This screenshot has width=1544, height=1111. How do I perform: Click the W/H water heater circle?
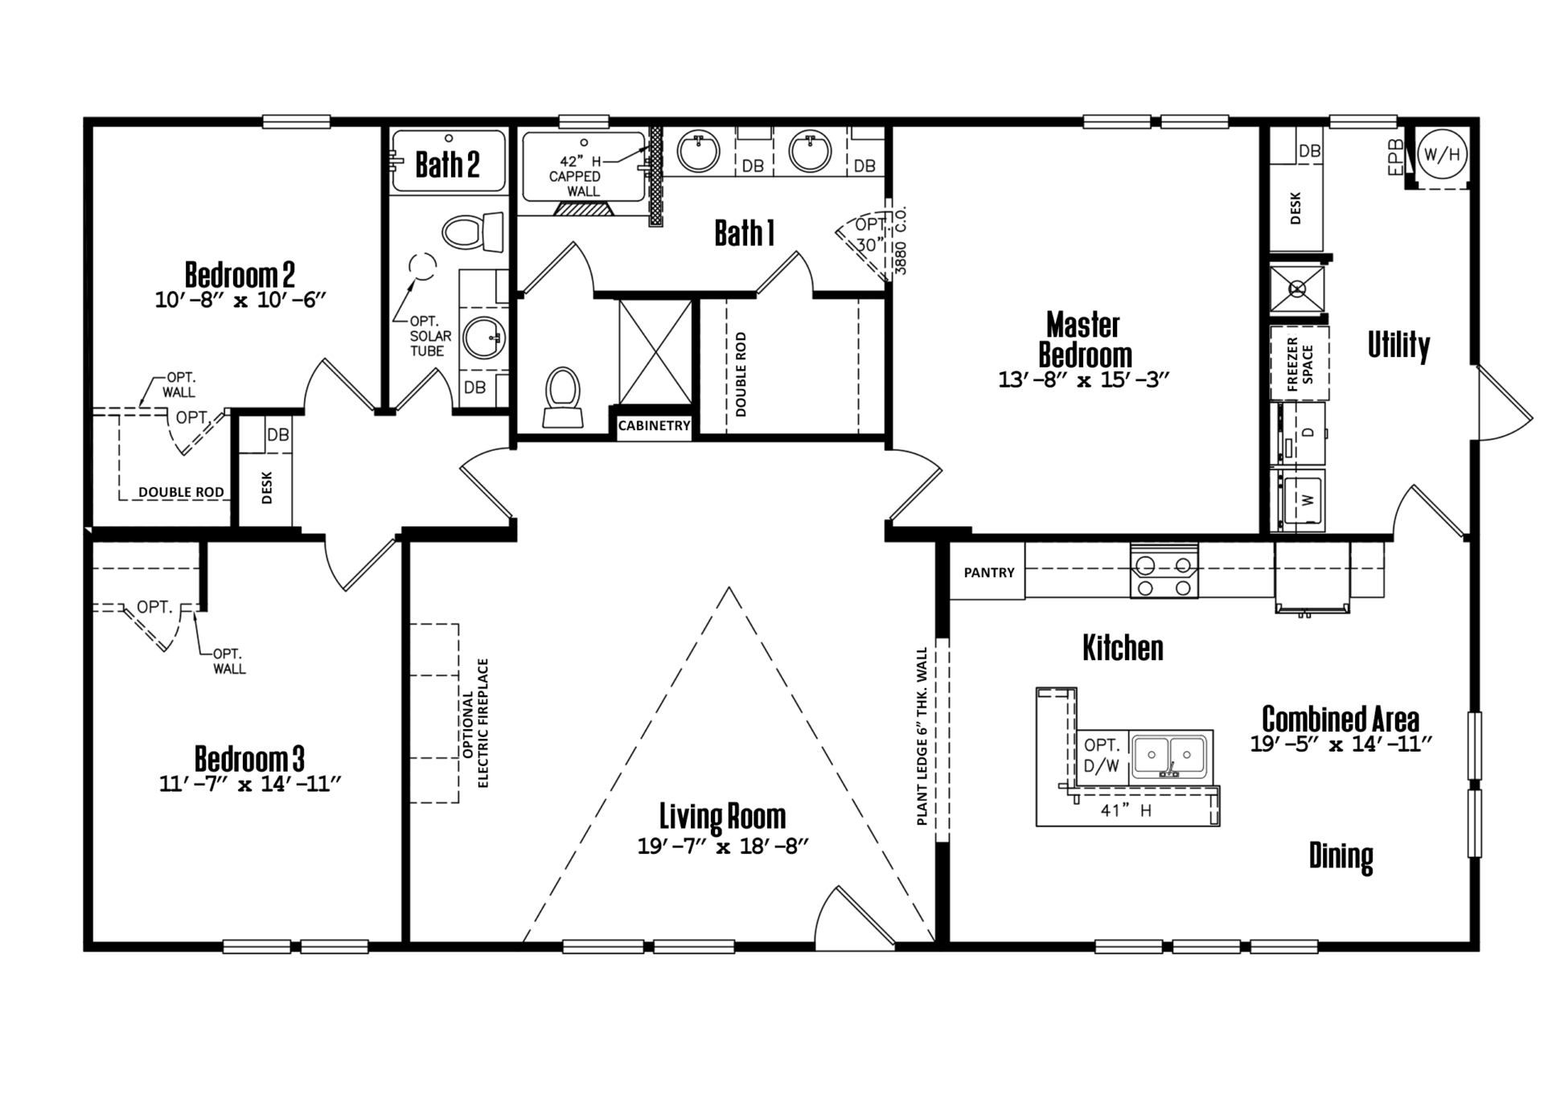pyautogui.click(x=1442, y=154)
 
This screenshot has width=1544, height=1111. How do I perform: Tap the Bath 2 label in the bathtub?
pyautogui.click(x=447, y=165)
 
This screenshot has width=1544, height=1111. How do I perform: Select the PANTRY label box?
pyautogui.click(x=988, y=572)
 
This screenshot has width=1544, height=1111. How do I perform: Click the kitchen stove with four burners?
pyautogui.click(x=1164, y=570)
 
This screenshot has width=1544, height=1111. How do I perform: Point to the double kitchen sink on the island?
pyautogui.click(x=1171, y=757)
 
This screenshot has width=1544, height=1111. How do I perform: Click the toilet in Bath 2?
pyautogui.click(x=473, y=232)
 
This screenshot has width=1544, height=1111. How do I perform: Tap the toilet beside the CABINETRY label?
pyautogui.click(x=563, y=397)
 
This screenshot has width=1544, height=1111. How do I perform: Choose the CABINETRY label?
pyautogui.click(x=655, y=425)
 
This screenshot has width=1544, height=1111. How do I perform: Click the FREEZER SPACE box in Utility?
pyautogui.click(x=1299, y=363)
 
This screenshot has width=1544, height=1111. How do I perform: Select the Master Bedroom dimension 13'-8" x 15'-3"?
pyautogui.click(x=1083, y=379)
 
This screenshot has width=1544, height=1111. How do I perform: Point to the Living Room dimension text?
pyautogui.click(x=722, y=847)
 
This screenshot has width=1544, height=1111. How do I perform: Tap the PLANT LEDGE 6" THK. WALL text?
pyautogui.click(x=922, y=736)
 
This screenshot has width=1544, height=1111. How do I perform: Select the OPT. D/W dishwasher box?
pyautogui.click(x=1103, y=756)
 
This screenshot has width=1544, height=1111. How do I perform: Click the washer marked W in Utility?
pyautogui.click(x=1300, y=499)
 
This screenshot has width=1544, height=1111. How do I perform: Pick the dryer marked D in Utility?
pyautogui.click(x=1300, y=433)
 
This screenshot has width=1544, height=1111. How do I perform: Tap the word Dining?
pyautogui.click(x=1341, y=855)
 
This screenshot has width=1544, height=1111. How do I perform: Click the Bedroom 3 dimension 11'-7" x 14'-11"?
pyautogui.click(x=250, y=784)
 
